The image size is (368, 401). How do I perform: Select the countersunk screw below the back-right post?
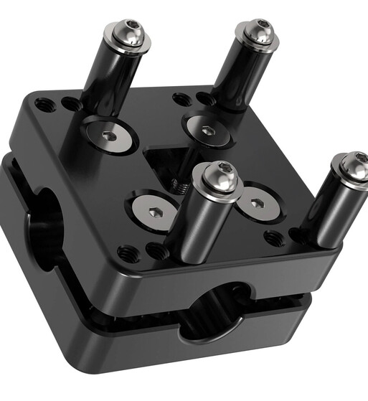[207, 130]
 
